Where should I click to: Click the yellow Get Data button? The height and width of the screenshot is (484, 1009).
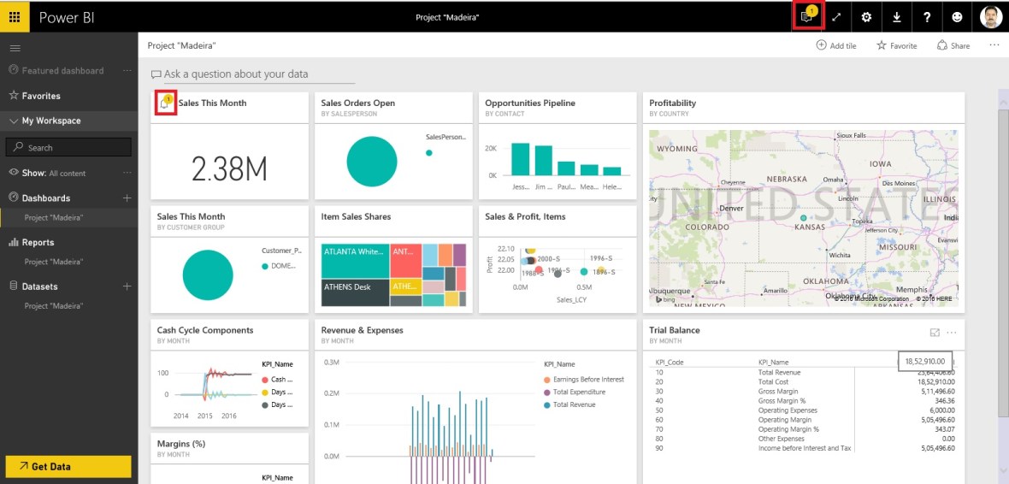point(68,466)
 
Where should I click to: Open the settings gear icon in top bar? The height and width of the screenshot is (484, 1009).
point(866,17)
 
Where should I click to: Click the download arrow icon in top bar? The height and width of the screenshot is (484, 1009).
point(896,17)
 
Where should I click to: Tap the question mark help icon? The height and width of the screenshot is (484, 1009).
point(927,17)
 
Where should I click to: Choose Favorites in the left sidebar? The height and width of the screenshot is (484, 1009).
point(40,96)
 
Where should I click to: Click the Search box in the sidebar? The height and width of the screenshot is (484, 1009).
point(68,147)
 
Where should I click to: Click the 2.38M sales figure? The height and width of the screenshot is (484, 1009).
point(229,169)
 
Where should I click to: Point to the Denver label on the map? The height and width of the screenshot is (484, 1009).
point(731,208)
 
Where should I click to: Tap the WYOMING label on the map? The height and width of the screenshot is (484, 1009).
point(677,149)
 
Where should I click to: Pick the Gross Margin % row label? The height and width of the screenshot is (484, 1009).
point(782,400)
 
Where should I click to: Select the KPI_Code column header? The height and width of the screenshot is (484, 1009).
point(670,363)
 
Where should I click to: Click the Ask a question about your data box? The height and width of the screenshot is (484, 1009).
point(235,74)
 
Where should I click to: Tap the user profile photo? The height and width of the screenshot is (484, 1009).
point(990,17)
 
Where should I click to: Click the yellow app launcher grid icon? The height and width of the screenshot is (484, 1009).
point(15,17)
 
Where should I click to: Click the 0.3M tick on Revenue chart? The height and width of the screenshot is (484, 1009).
point(332,363)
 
